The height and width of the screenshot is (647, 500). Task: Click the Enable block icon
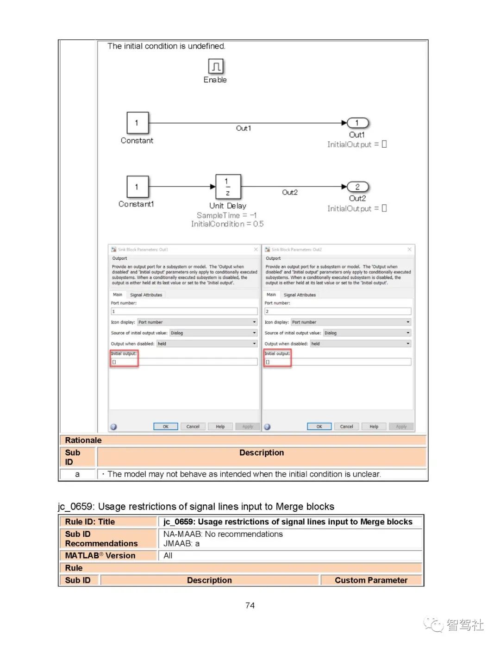216,66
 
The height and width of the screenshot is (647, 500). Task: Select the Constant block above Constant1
137,123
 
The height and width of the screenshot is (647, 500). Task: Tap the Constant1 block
137,187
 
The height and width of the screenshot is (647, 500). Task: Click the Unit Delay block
228,187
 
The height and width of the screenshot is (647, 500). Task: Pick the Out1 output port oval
357,123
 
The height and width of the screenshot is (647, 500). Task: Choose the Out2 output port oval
357,187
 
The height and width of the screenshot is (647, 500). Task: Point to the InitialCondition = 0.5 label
227,224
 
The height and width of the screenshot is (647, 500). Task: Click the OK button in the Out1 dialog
165,427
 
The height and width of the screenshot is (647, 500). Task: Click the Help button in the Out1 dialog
220,427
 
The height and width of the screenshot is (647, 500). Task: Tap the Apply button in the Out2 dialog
401,427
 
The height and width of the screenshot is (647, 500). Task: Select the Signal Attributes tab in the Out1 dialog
146,295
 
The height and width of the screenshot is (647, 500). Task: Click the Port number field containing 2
337,312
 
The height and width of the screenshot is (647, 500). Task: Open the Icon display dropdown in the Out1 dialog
197,322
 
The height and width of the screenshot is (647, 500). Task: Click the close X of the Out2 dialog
409,250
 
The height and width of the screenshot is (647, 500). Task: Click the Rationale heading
83,440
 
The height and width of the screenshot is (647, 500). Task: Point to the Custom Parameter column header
371,580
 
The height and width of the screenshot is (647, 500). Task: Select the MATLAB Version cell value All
168,556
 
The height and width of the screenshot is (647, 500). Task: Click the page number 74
250,606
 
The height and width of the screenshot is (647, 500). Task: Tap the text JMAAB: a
181,544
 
